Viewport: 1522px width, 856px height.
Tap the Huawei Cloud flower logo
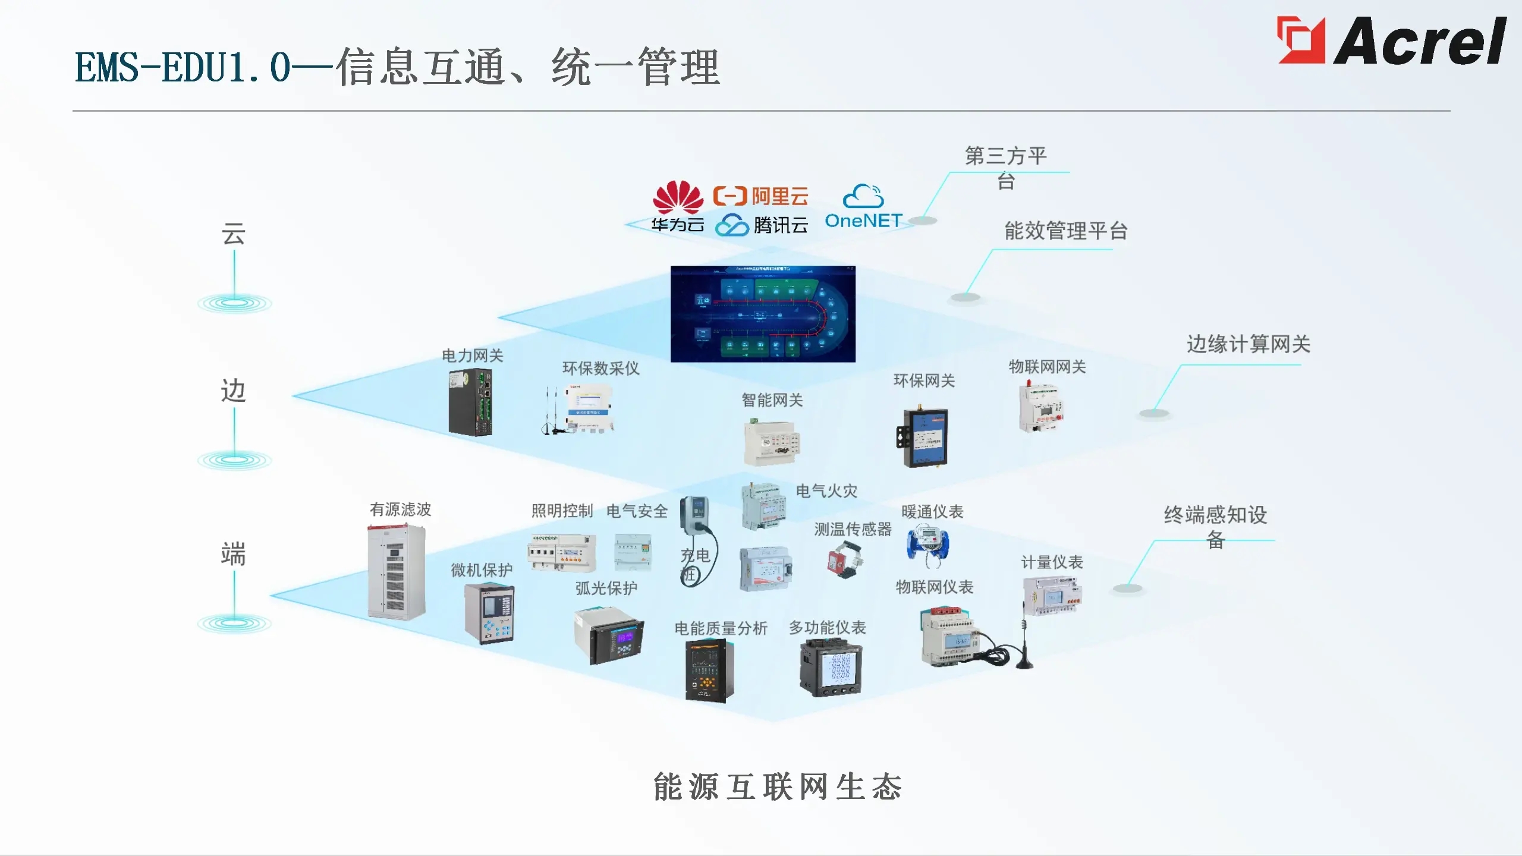point(678,197)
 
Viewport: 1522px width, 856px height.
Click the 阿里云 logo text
point(761,196)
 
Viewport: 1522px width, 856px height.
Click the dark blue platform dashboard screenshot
point(763,314)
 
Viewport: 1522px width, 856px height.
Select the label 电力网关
point(472,356)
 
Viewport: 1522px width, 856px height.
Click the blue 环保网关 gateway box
point(923,438)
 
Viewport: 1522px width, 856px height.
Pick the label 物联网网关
point(1047,367)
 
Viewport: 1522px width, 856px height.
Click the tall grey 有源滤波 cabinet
point(396,572)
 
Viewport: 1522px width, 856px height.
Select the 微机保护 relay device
point(489,614)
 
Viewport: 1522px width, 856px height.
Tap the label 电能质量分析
point(721,628)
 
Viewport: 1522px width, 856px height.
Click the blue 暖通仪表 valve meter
point(927,544)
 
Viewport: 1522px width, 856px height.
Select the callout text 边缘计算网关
point(1249,344)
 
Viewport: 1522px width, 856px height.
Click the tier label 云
point(234,234)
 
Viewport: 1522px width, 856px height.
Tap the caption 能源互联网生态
point(778,787)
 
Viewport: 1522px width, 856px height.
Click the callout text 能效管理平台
point(1066,231)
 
